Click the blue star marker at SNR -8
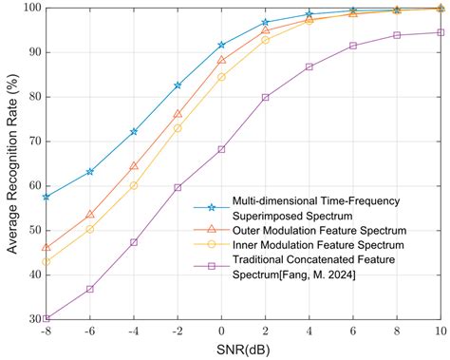(46, 197)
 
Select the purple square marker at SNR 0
(221, 149)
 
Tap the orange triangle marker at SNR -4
(134, 165)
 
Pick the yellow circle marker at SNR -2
(178, 128)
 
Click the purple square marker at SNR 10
(441, 32)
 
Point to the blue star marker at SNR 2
(266, 22)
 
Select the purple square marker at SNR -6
(90, 289)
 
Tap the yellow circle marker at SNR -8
(46, 261)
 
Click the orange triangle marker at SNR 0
(221, 60)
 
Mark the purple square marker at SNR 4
(309, 66)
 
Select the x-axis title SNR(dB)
(243, 351)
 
